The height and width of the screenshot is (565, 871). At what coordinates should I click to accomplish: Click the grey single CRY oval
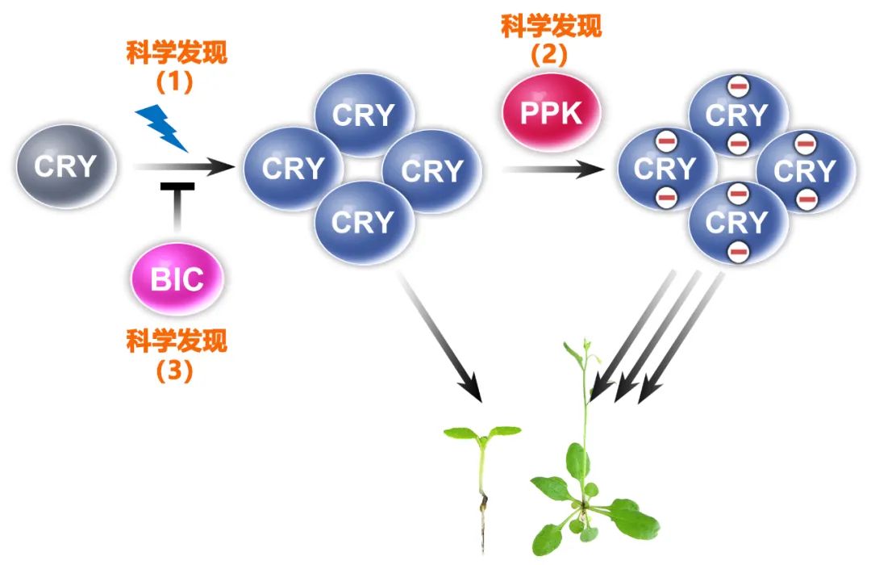(x=66, y=167)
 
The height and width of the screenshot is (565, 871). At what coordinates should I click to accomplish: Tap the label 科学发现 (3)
(x=177, y=354)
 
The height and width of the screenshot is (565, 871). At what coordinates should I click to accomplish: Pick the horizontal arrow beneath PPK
(x=553, y=169)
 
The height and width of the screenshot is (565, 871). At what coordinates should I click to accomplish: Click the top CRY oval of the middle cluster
(x=364, y=115)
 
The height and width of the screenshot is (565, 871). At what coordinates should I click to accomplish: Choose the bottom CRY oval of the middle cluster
(x=364, y=221)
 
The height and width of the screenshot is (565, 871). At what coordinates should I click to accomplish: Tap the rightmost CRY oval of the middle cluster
(x=432, y=170)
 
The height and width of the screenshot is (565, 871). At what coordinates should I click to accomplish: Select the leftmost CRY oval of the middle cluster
(x=294, y=169)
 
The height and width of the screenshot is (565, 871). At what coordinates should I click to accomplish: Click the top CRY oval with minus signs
(x=736, y=115)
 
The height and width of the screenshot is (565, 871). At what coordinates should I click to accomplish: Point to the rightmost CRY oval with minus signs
(x=806, y=170)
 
